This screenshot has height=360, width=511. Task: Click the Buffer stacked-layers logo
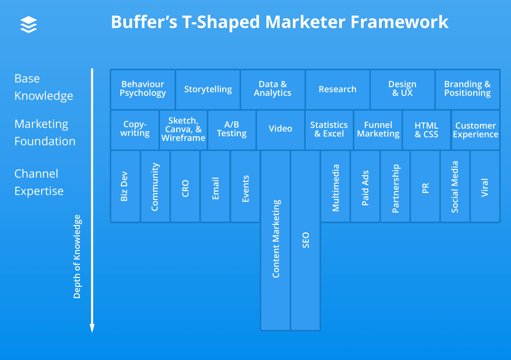(x=29, y=25)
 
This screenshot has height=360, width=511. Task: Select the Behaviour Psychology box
(x=143, y=89)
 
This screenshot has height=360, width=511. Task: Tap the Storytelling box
(x=208, y=89)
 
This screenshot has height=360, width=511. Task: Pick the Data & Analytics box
(x=272, y=89)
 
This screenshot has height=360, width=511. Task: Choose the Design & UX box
(x=402, y=89)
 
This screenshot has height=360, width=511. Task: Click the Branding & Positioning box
(x=467, y=89)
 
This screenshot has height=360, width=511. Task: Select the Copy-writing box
(x=135, y=129)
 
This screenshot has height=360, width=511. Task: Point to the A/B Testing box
(x=232, y=129)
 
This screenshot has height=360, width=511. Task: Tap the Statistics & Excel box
(x=329, y=129)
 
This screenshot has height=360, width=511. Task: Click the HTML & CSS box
(x=427, y=130)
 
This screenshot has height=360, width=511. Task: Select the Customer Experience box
(x=476, y=130)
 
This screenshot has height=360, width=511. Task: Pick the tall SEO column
(x=305, y=240)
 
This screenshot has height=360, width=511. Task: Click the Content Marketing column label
(x=276, y=239)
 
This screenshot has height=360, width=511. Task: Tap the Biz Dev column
(x=125, y=186)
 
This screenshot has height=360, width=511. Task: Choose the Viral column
(x=485, y=187)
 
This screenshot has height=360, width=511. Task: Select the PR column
(x=425, y=187)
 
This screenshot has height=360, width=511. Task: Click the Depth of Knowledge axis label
(x=77, y=256)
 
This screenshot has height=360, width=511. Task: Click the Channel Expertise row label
(x=39, y=182)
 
